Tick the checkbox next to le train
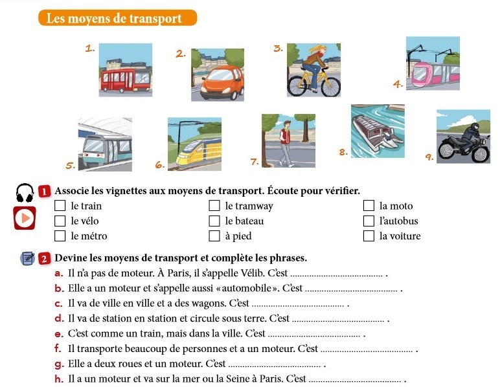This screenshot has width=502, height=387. click(60, 206)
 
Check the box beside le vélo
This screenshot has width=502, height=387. click(60, 221)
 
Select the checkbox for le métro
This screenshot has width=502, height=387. click(60, 236)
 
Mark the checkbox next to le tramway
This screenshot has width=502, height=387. click(214, 206)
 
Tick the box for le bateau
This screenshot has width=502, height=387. click(214, 221)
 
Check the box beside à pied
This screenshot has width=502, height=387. click(214, 236)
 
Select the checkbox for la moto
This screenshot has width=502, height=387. click(369, 206)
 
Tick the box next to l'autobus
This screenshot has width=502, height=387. click(369, 221)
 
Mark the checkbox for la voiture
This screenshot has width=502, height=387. click(369, 236)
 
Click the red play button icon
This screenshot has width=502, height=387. click(24, 218)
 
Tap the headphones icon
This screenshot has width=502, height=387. click(25, 193)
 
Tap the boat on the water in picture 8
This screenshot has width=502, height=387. click(376, 133)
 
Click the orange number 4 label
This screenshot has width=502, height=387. click(398, 83)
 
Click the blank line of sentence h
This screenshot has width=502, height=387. click(356, 381)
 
